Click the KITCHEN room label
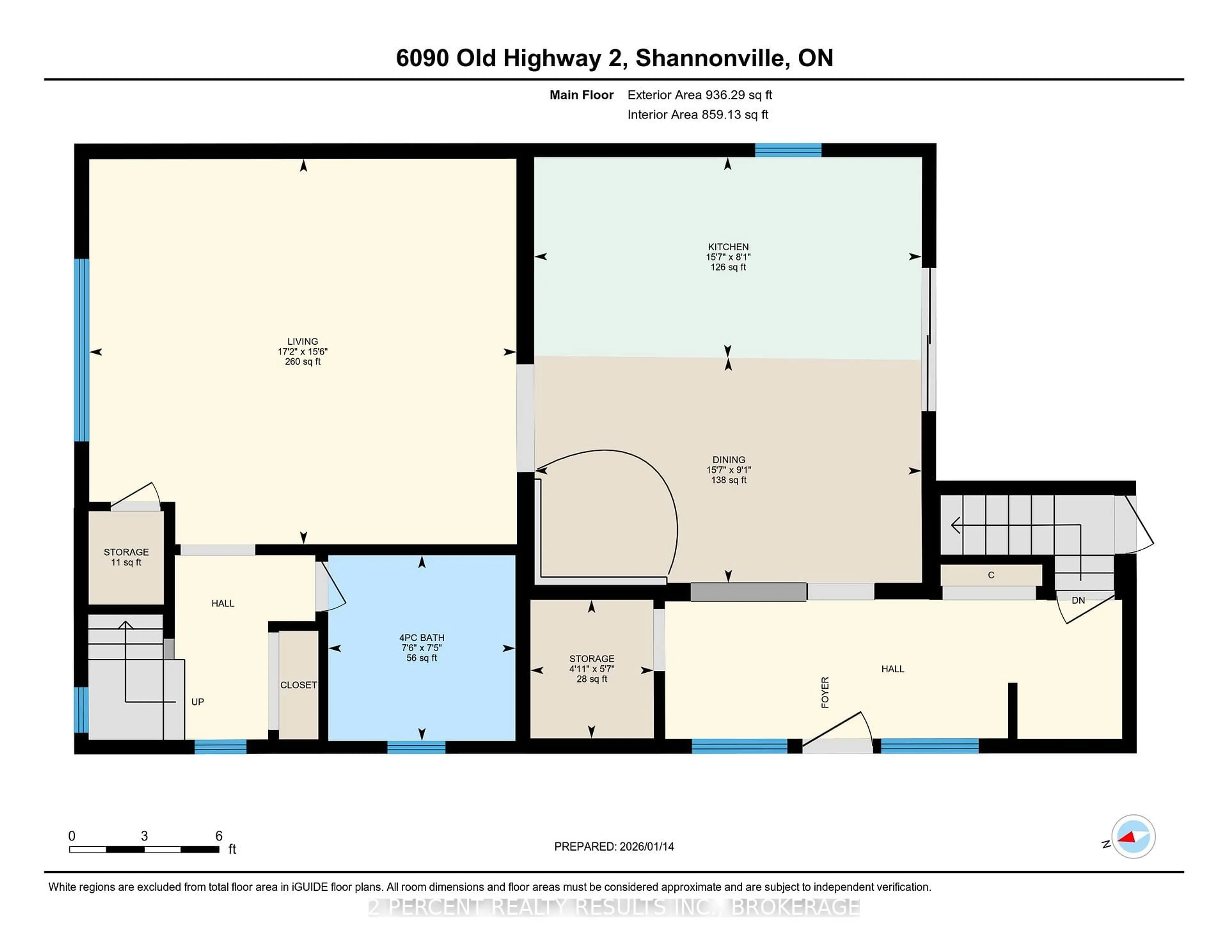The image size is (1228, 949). (x=728, y=247)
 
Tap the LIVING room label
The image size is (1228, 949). (x=303, y=341)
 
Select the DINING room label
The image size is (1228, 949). (x=729, y=460)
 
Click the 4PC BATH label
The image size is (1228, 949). (x=422, y=638)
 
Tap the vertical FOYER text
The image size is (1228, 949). (x=825, y=692)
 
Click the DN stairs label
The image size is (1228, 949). (x=1078, y=600)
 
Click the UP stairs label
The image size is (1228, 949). (x=197, y=702)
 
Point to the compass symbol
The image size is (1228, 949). (x=1133, y=836)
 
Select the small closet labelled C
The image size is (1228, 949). (x=991, y=575)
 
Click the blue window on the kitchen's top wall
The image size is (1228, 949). (x=788, y=150)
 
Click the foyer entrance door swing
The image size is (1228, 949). (x=838, y=731)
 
